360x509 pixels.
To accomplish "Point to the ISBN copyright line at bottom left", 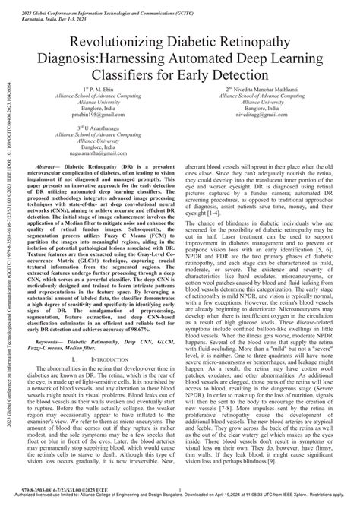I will tap(50, 494).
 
